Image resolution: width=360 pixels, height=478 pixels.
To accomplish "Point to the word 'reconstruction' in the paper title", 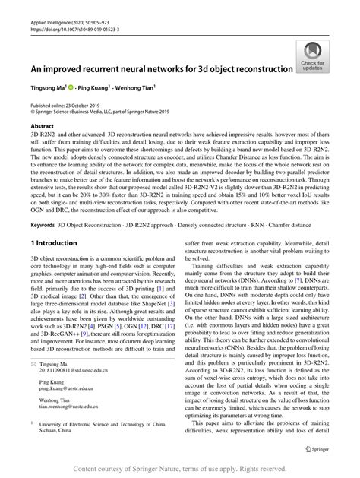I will click(256, 68).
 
